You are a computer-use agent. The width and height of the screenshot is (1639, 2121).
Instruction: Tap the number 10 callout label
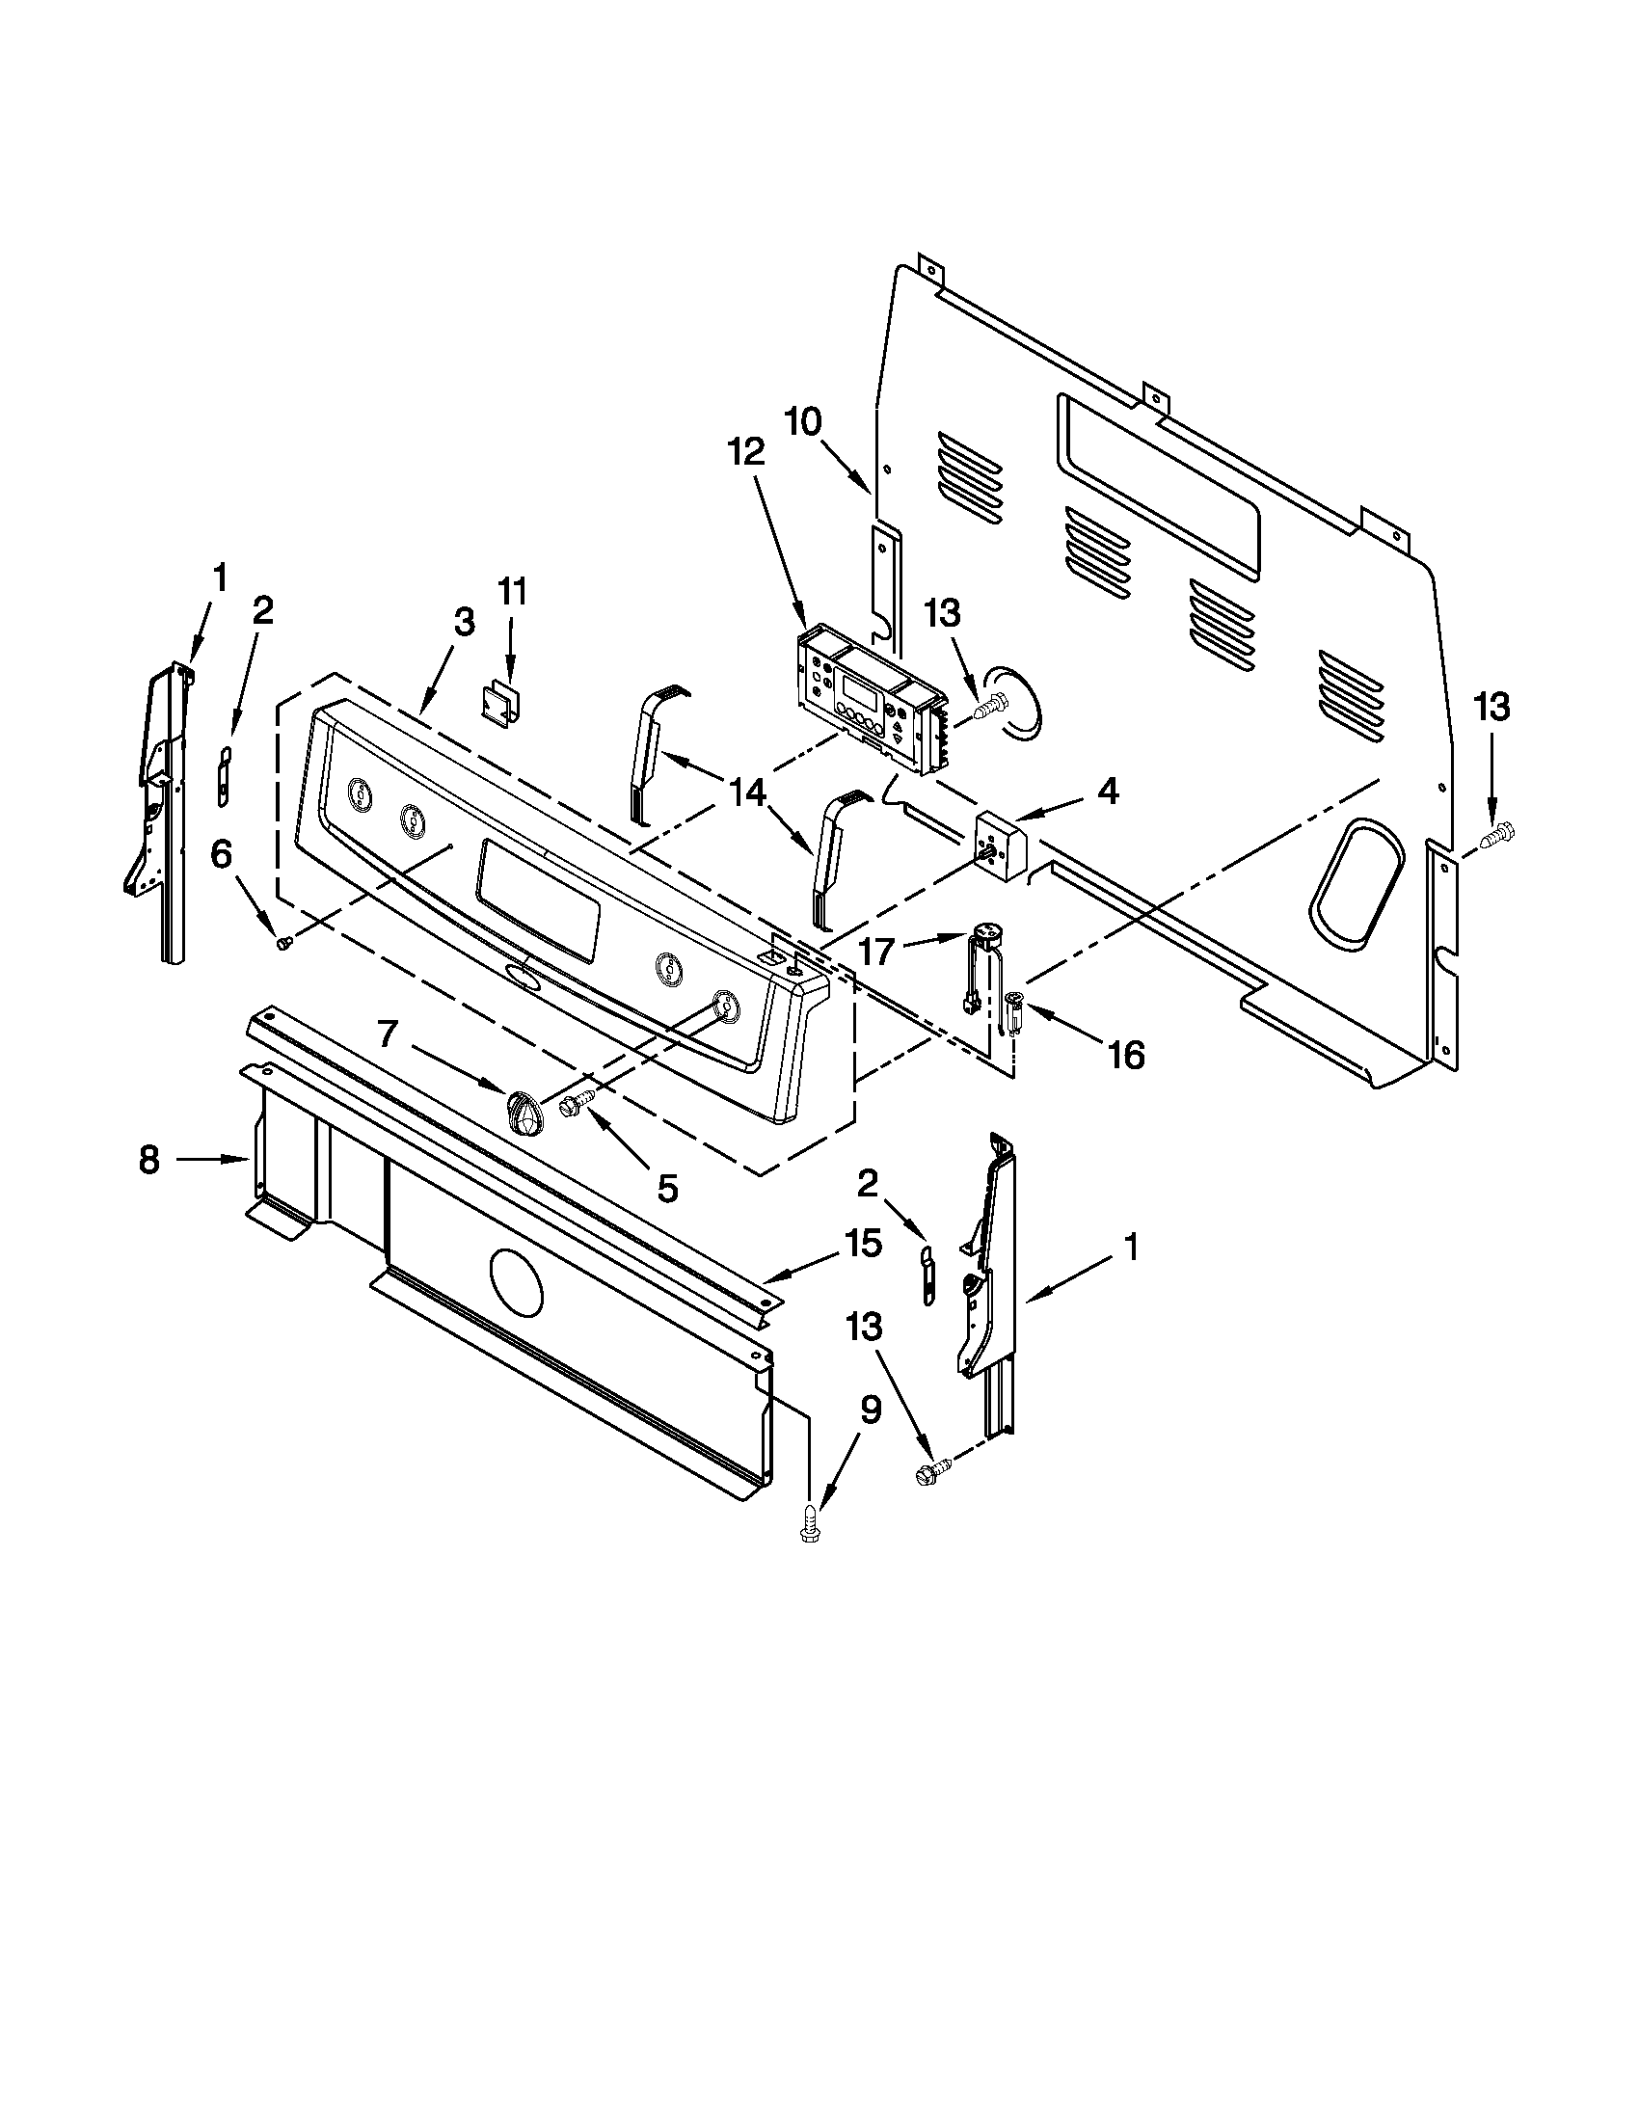[x=803, y=421]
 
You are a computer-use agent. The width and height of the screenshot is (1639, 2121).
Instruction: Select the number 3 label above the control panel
[x=464, y=623]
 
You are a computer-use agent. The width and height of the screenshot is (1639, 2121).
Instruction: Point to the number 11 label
[x=512, y=591]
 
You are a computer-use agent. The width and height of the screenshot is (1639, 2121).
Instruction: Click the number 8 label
[x=148, y=1159]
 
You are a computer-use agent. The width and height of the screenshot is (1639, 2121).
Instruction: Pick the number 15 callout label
[x=863, y=1243]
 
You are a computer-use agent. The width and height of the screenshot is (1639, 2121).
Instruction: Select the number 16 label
[x=1127, y=1054]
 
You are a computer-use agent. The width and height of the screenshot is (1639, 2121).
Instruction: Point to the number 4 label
[x=1108, y=791]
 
